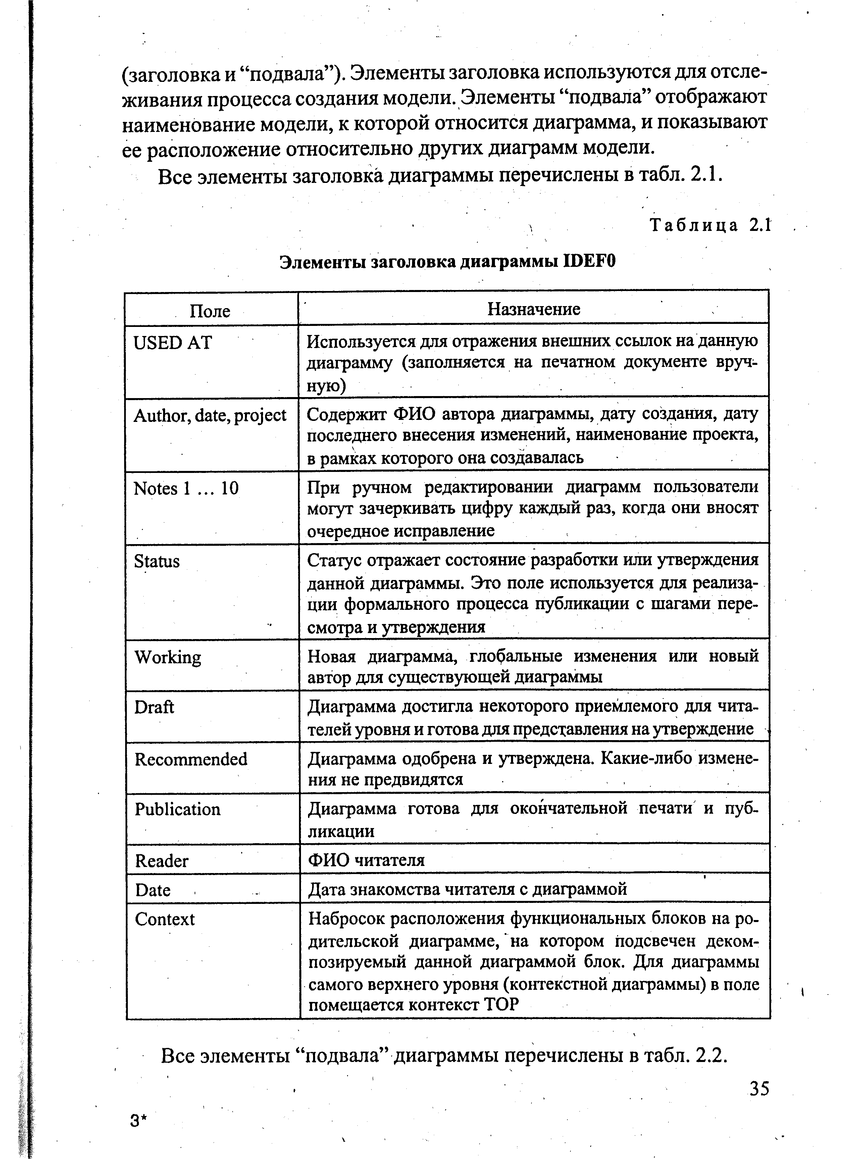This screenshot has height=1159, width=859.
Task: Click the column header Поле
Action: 210,311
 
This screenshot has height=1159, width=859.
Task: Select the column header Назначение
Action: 534,309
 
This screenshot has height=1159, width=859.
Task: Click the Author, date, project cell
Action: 210,415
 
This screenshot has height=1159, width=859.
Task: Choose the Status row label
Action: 156,561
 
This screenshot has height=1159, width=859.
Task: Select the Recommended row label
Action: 191,759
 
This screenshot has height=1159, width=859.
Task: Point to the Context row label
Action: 164,919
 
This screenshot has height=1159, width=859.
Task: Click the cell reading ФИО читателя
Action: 366,860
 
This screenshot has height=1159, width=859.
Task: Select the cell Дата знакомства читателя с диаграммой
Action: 467,889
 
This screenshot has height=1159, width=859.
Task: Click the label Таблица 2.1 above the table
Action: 709,225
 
